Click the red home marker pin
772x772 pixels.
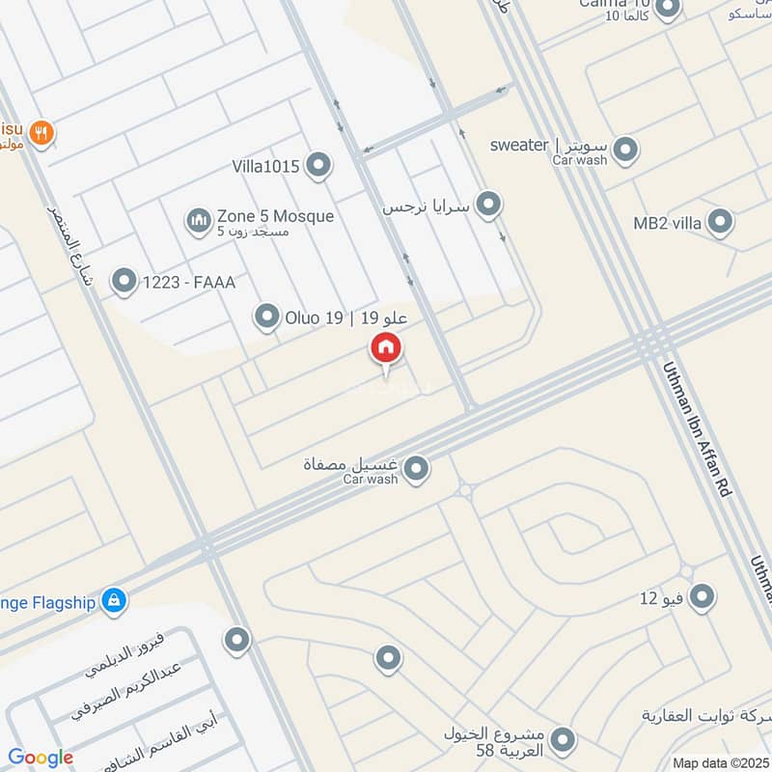tap(386, 348)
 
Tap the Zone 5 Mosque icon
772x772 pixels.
tap(199, 222)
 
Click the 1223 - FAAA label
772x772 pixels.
tap(188, 282)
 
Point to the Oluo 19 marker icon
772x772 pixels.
tap(266, 316)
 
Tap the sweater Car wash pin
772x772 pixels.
tap(625, 150)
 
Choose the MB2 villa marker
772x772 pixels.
tap(719, 223)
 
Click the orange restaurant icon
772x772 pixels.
tap(40, 133)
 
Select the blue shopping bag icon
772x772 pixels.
tap(115, 601)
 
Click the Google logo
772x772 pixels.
tap(41, 758)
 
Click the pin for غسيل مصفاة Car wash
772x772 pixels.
tap(416, 470)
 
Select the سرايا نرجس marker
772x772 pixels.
tap(489, 205)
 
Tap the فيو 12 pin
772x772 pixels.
tap(703, 597)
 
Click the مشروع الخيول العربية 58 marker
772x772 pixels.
tap(562, 741)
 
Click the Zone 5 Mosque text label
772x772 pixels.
tap(275, 216)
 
